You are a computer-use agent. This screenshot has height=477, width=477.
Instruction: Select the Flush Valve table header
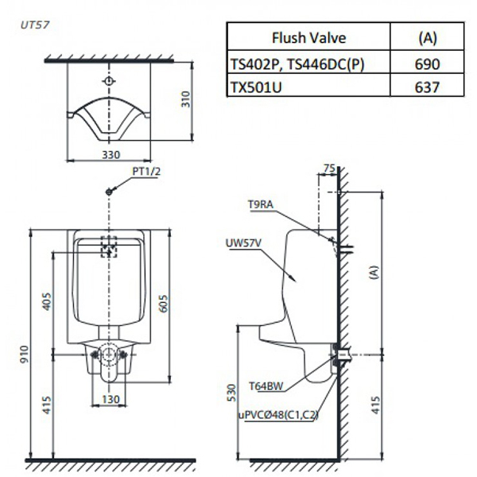pos(308,37)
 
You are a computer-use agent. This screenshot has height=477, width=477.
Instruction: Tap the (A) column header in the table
pos(428,37)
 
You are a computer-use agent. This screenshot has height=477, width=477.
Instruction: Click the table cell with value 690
pos(428,64)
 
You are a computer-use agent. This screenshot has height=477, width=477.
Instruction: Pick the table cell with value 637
pos(428,87)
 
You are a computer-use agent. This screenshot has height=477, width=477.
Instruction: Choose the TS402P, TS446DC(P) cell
pos(297,64)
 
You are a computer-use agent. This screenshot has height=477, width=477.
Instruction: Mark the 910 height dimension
pos(25,350)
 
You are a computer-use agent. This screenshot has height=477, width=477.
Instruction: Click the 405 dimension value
pos(46,301)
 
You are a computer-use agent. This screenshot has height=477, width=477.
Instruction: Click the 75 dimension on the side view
pos(328,169)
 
